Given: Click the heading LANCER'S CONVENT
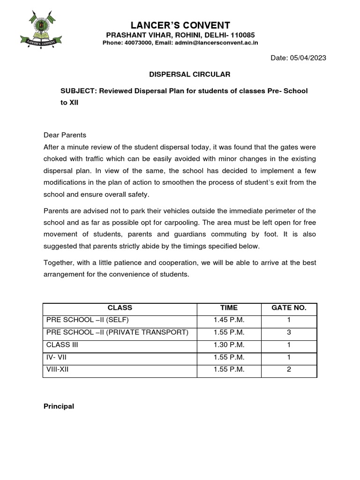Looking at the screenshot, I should (180, 25).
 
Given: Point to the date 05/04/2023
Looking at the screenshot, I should (308, 58).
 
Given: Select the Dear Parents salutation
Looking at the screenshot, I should (65, 135).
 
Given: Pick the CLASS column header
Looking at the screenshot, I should (120, 308).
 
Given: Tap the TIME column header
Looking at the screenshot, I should (229, 308).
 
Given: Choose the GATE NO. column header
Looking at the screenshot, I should (289, 308).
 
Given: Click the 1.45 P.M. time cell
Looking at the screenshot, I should (229, 320).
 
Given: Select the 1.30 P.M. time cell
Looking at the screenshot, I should (229, 345).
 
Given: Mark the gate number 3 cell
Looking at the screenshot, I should (289, 332).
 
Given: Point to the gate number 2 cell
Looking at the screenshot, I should (289, 369).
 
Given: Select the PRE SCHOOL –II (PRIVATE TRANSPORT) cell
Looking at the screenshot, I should (117, 332).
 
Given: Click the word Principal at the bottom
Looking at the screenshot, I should (59, 406).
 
